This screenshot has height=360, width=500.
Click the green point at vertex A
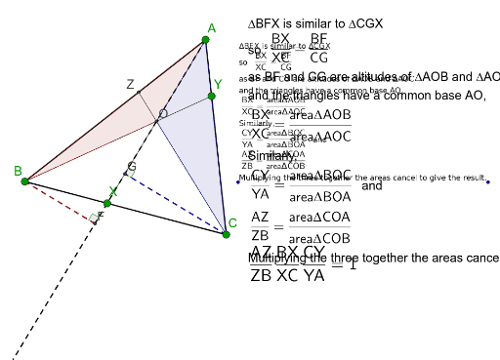point(206,40)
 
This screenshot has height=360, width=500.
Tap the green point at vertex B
point(25,180)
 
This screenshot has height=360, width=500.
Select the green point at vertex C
point(227,234)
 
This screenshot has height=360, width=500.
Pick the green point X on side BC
point(107,203)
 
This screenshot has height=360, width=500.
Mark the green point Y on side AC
point(211,96)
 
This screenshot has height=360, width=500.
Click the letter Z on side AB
point(130,85)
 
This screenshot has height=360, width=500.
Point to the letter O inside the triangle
point(162,114)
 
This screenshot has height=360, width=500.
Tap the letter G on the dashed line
point(130,168)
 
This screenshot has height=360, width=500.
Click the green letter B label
point(18,172)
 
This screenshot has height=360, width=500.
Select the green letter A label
point(213,28)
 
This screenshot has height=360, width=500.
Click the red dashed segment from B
point(59,199)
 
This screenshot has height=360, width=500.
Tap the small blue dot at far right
point(486,181)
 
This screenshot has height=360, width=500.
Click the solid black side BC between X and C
point(171,220)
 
